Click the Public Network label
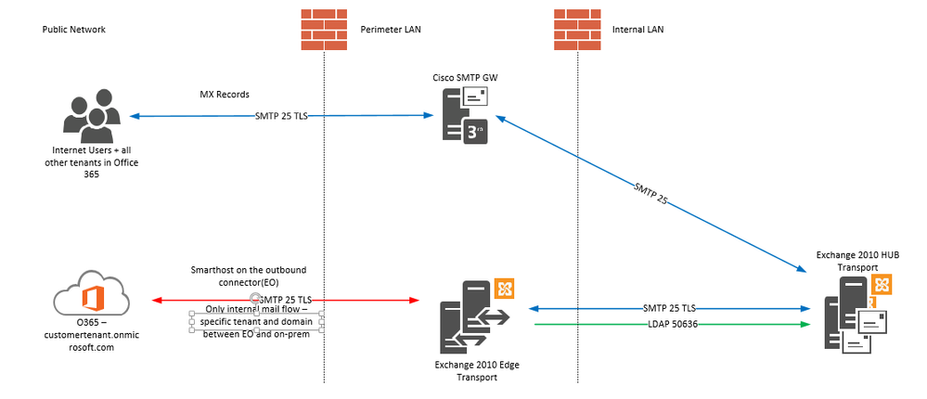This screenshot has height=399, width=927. [74, 30]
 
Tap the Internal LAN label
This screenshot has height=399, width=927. [637, 30]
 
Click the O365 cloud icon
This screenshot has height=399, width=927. [89, 300]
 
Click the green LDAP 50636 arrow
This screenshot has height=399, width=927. [667, 324]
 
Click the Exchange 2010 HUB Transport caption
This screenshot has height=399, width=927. [855, 260]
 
